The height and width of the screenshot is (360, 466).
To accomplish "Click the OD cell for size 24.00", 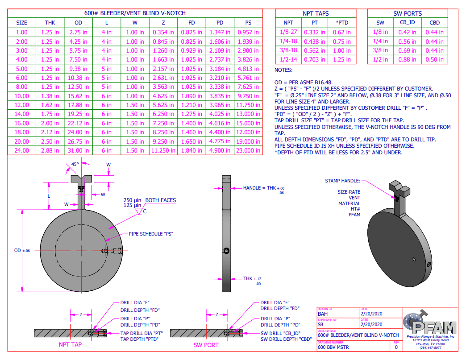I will coord(78,150).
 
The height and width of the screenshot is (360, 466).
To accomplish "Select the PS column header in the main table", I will coord(248,23).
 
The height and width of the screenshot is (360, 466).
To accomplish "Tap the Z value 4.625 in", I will coord(163,96).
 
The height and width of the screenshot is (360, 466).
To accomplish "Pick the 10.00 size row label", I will coord(22,96).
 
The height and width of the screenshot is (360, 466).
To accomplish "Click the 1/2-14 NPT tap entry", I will coord(288,59).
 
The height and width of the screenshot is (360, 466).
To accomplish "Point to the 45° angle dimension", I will coord(75,164).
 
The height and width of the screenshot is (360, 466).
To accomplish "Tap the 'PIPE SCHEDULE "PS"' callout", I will coord(150,233).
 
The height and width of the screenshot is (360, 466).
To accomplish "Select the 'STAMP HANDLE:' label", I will coord(343,181).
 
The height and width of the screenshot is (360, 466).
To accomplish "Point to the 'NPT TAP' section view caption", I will coord(70,344).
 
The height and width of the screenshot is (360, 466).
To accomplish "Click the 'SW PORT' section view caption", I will coord(206,344).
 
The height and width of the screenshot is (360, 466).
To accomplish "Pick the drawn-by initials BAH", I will coord(323,314).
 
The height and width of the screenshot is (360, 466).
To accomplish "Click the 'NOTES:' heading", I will coord(283,70).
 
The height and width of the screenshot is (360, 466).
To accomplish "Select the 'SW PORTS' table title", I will coord(407,13).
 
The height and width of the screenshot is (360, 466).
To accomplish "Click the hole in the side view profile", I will coord(227,251).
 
